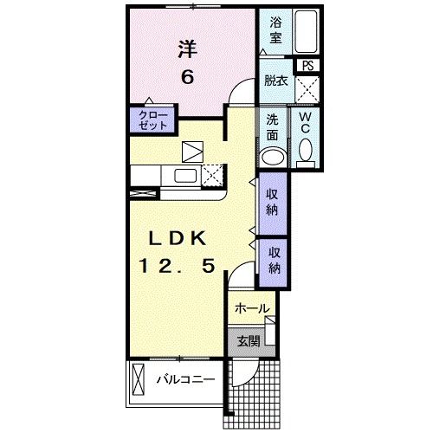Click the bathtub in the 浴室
tap(306, 31)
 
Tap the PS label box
tap(307, 66)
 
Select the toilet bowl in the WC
tap(306, 150)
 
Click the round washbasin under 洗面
tap(274, 157)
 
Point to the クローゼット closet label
tap(153, 120)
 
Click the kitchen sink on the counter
tap(185, 176)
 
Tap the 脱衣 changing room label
tap(276, 81)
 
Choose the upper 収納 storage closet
tap(273, 204)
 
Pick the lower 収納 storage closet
tap(274, 262)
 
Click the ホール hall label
tap(252, 308)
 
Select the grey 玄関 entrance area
tap(251, 342)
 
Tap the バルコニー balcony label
tap(185, 379)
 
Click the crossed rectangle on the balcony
tap(138, 379)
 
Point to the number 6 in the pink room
tap(187, 77)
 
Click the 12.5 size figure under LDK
tap(178, 266)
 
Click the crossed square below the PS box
tap(307, 89)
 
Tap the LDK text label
tap(178, 238)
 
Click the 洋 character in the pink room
tap(187, 49)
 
